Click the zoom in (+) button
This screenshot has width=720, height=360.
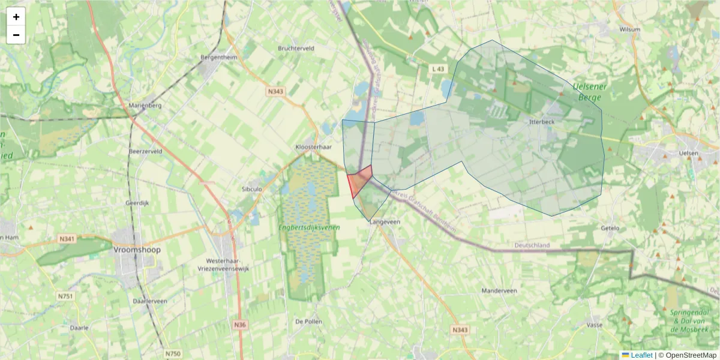point(16,17)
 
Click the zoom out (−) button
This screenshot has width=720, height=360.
point(16,35)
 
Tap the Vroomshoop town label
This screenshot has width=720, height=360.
point(137,250)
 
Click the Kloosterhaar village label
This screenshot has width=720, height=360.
point(314,147)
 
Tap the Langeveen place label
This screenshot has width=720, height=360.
point(385,221)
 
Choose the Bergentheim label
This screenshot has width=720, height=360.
point(218,58)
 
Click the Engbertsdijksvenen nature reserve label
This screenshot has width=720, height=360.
point(309,227)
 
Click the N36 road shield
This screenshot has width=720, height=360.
point(240,325)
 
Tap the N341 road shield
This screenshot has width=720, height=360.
point(67,239)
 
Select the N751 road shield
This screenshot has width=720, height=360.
point(65,296)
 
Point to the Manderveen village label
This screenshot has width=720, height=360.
point(499,290)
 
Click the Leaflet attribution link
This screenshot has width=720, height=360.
point(641,355)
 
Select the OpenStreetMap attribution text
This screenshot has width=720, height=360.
point(691,355)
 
